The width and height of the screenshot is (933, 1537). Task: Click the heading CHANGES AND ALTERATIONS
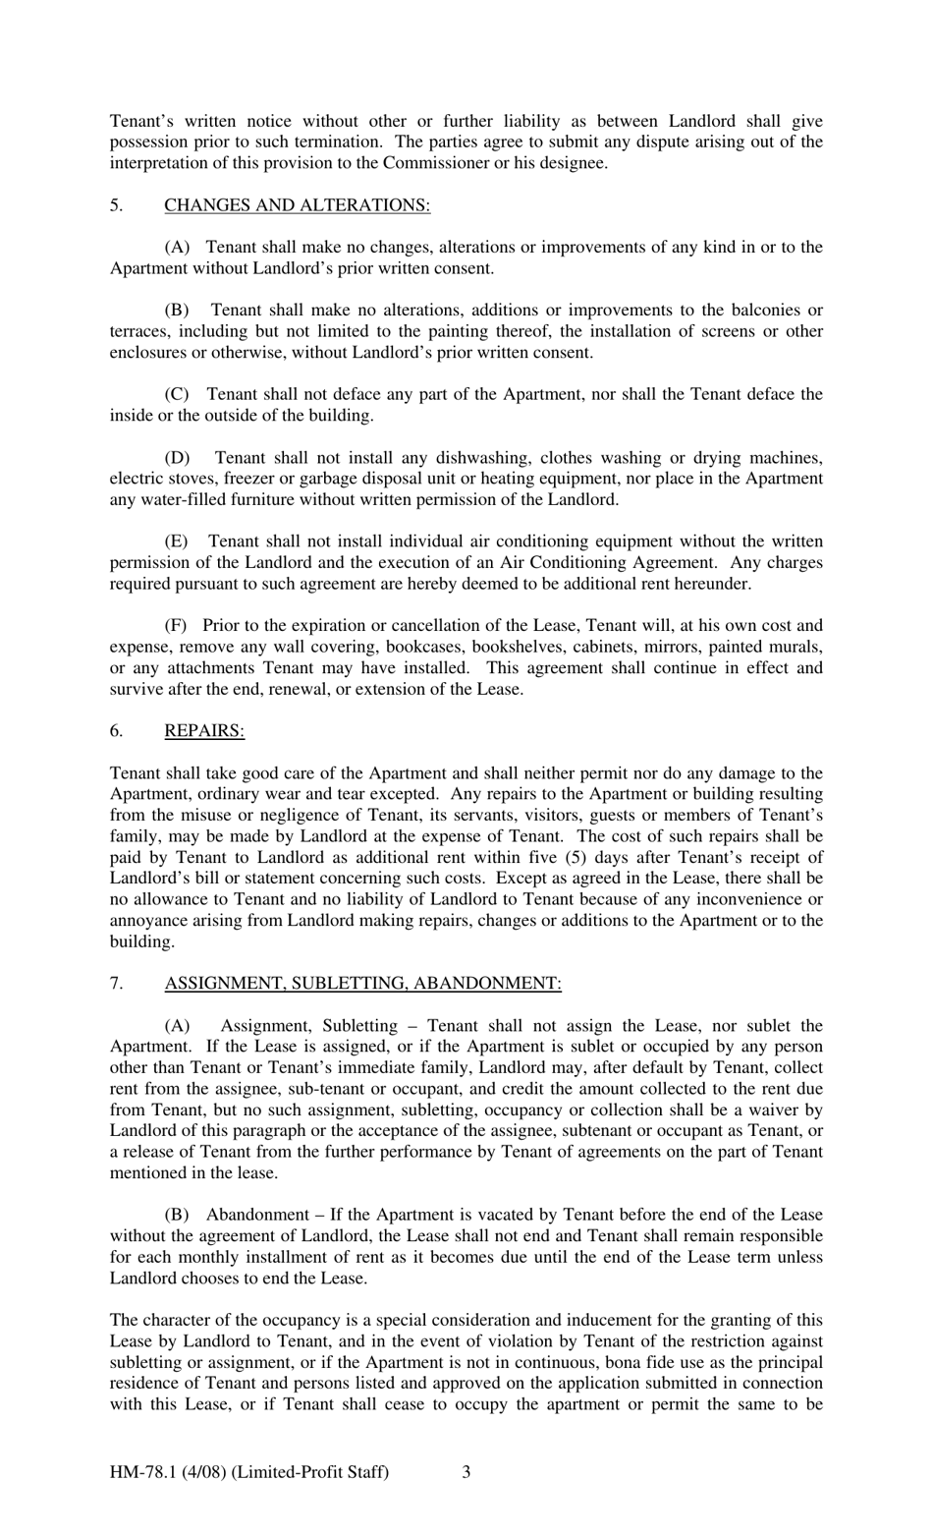297,205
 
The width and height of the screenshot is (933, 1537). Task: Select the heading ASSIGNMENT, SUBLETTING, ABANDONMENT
362,984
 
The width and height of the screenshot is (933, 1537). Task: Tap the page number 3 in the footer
466,1472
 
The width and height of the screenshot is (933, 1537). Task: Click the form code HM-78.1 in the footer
143,1472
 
